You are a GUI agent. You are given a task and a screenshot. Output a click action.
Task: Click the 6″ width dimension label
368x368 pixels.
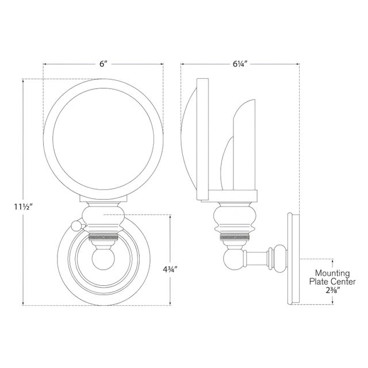point(103,64)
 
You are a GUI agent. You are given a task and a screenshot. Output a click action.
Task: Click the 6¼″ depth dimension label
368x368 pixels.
point(240,64)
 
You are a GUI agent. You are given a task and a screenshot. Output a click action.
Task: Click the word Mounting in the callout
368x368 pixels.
point(331,274)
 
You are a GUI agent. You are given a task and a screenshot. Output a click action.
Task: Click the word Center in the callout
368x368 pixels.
point(343,282)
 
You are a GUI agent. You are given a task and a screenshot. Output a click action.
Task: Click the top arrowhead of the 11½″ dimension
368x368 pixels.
point(22,80)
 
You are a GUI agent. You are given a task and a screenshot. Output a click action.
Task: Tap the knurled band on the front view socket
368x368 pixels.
point(103,235)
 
